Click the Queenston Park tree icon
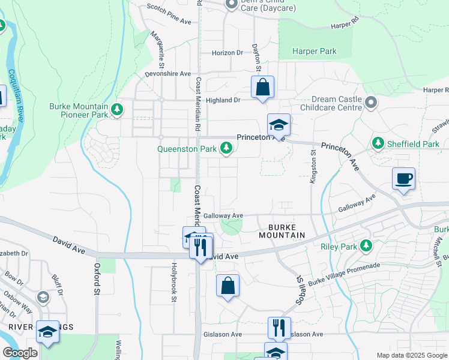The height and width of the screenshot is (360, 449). coord(226,148)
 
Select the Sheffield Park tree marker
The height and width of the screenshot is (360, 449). coord(378,143)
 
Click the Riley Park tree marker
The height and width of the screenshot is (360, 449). coord(365,245)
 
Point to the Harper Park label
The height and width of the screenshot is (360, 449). coord(314,52)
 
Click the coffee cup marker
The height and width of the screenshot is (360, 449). coord(403,178)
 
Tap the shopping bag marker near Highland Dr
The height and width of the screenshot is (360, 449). coord(263,88)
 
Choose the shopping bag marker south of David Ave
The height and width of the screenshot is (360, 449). coord(228,286)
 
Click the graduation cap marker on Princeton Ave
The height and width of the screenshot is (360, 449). coord(279,125)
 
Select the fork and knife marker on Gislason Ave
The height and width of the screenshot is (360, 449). coord(279,328)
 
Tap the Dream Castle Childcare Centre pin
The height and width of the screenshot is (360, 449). coord(370,103)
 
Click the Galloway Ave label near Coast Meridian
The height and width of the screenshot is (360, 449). coord(223,215)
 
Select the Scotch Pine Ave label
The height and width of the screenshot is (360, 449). coord(169,22)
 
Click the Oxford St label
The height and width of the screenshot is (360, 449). coord(96,278)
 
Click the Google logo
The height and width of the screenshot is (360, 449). coord(20,353)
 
